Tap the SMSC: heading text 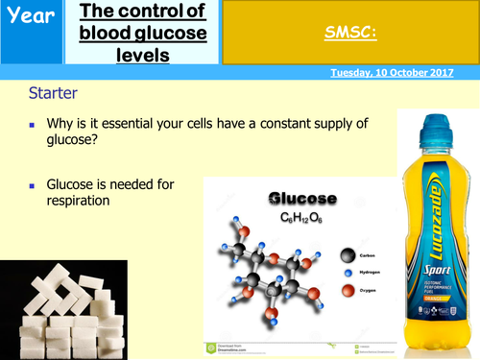click(349, 34)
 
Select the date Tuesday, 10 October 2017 click(402, 73)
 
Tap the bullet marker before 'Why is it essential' click(33, 125)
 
